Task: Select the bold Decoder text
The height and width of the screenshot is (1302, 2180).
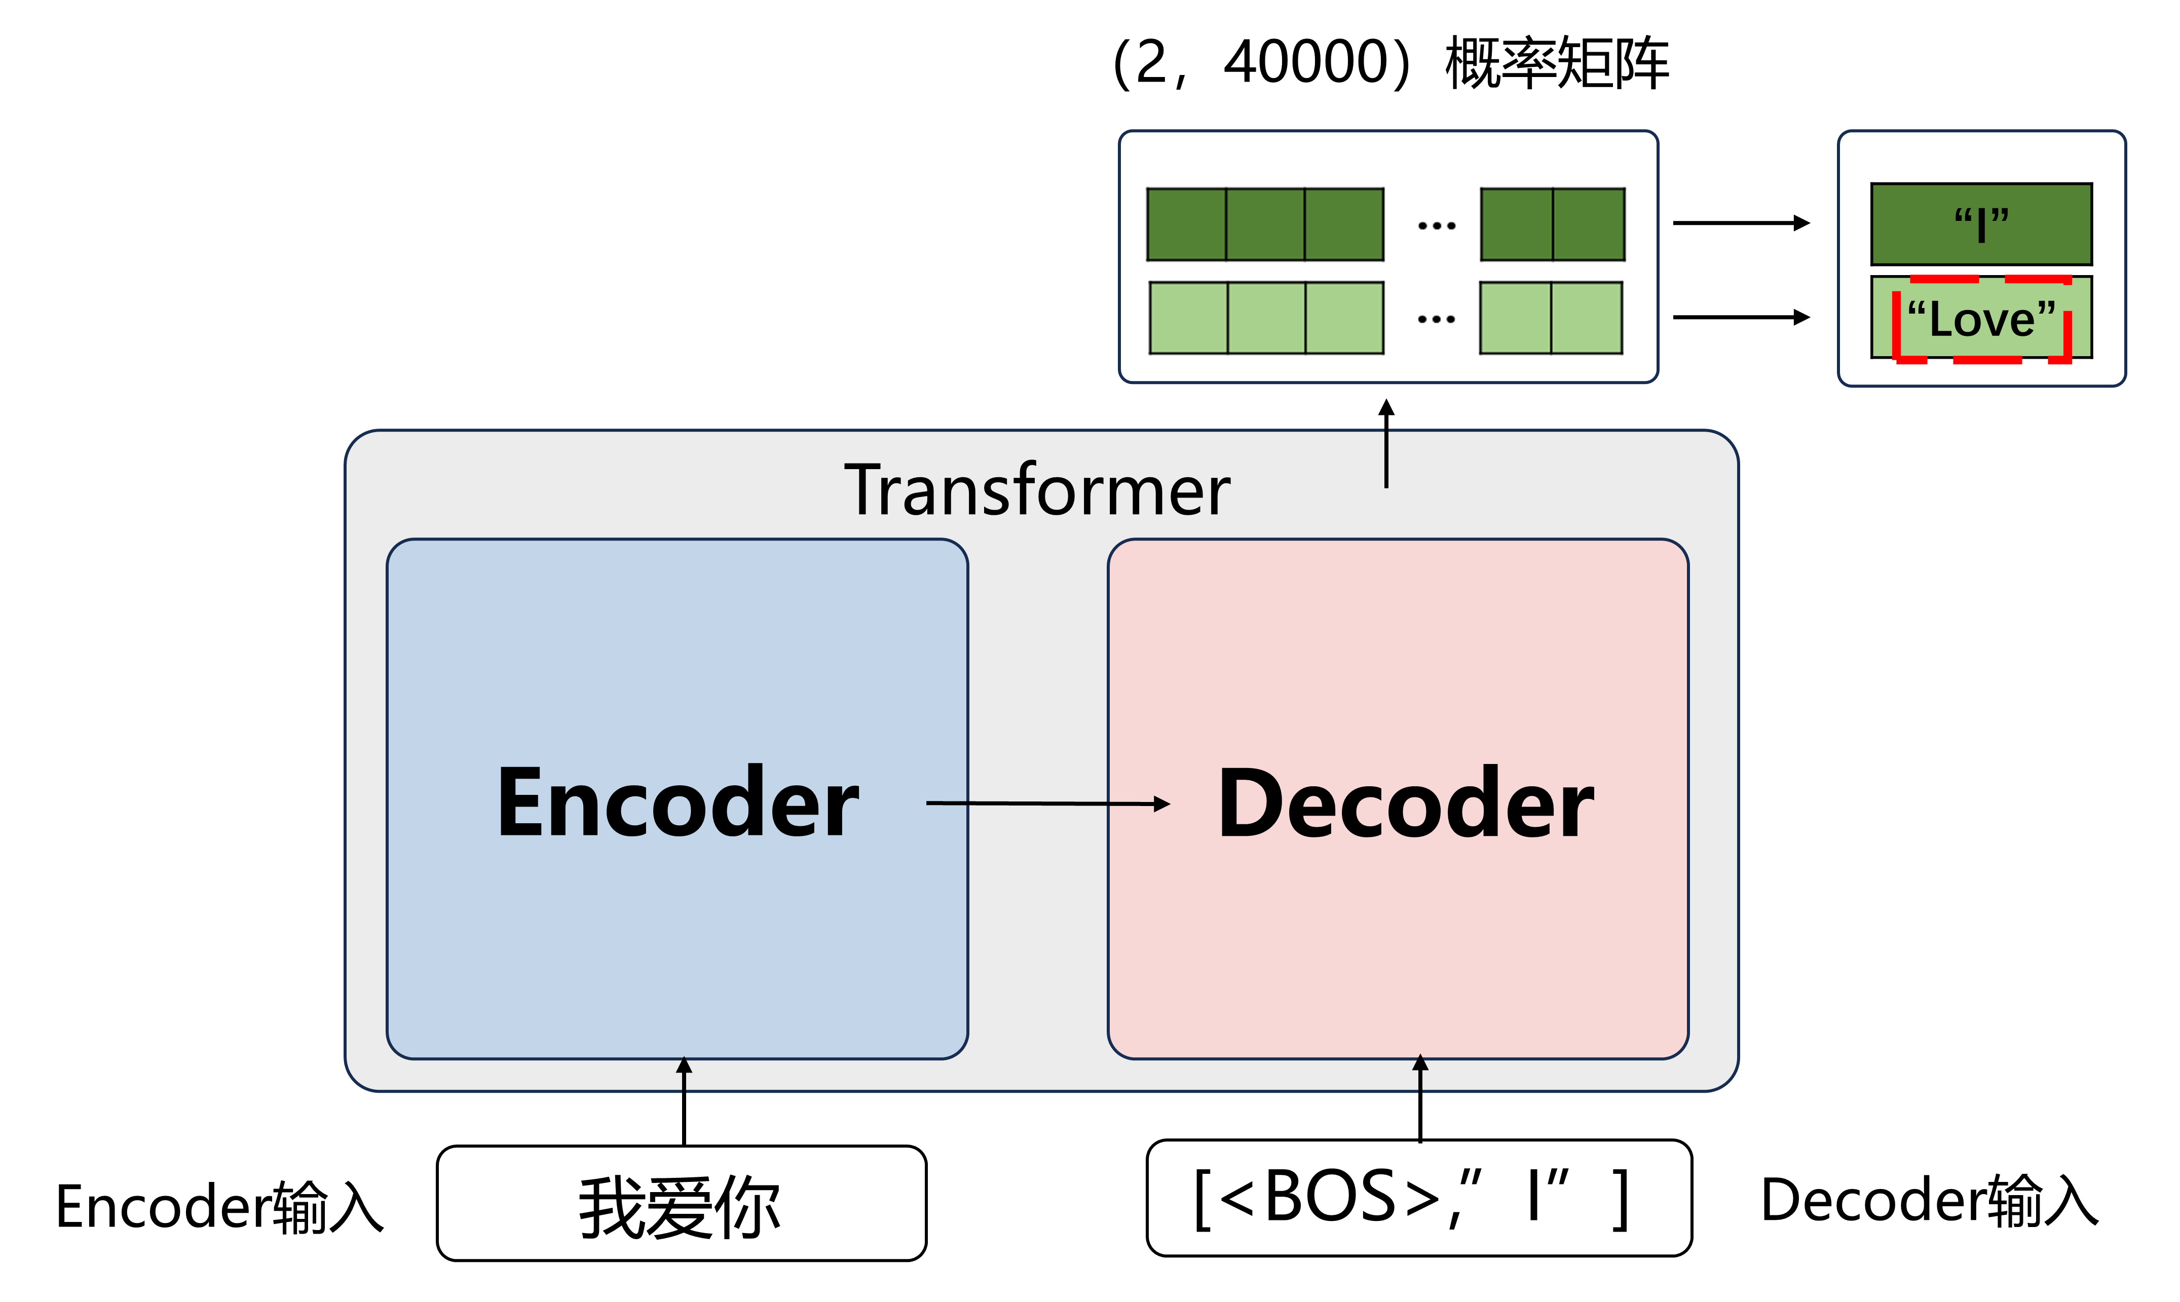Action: pos(1405,803)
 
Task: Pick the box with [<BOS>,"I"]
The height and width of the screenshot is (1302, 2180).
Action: pos(1418,1199)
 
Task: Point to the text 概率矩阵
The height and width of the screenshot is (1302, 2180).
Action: pos(1556,63)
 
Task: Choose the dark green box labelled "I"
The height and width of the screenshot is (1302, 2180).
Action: pos(1981,224)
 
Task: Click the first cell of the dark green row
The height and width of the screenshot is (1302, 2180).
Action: pos(1187,224)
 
